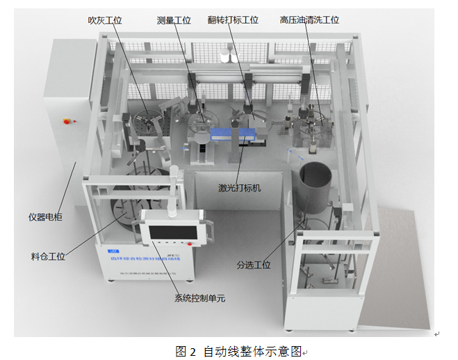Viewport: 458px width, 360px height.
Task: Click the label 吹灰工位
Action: pyautogui.click(x=104, y=20)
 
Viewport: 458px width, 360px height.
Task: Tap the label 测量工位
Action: pyautogui.click(x=174, y=20)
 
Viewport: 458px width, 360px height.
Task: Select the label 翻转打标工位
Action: pyautogui.click(x=233, y=20)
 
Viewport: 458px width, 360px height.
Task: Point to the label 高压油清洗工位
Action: pyautogui.click(x=309, y=20)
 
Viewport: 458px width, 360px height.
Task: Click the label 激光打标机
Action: pyautogui.click(x=240, y=187)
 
